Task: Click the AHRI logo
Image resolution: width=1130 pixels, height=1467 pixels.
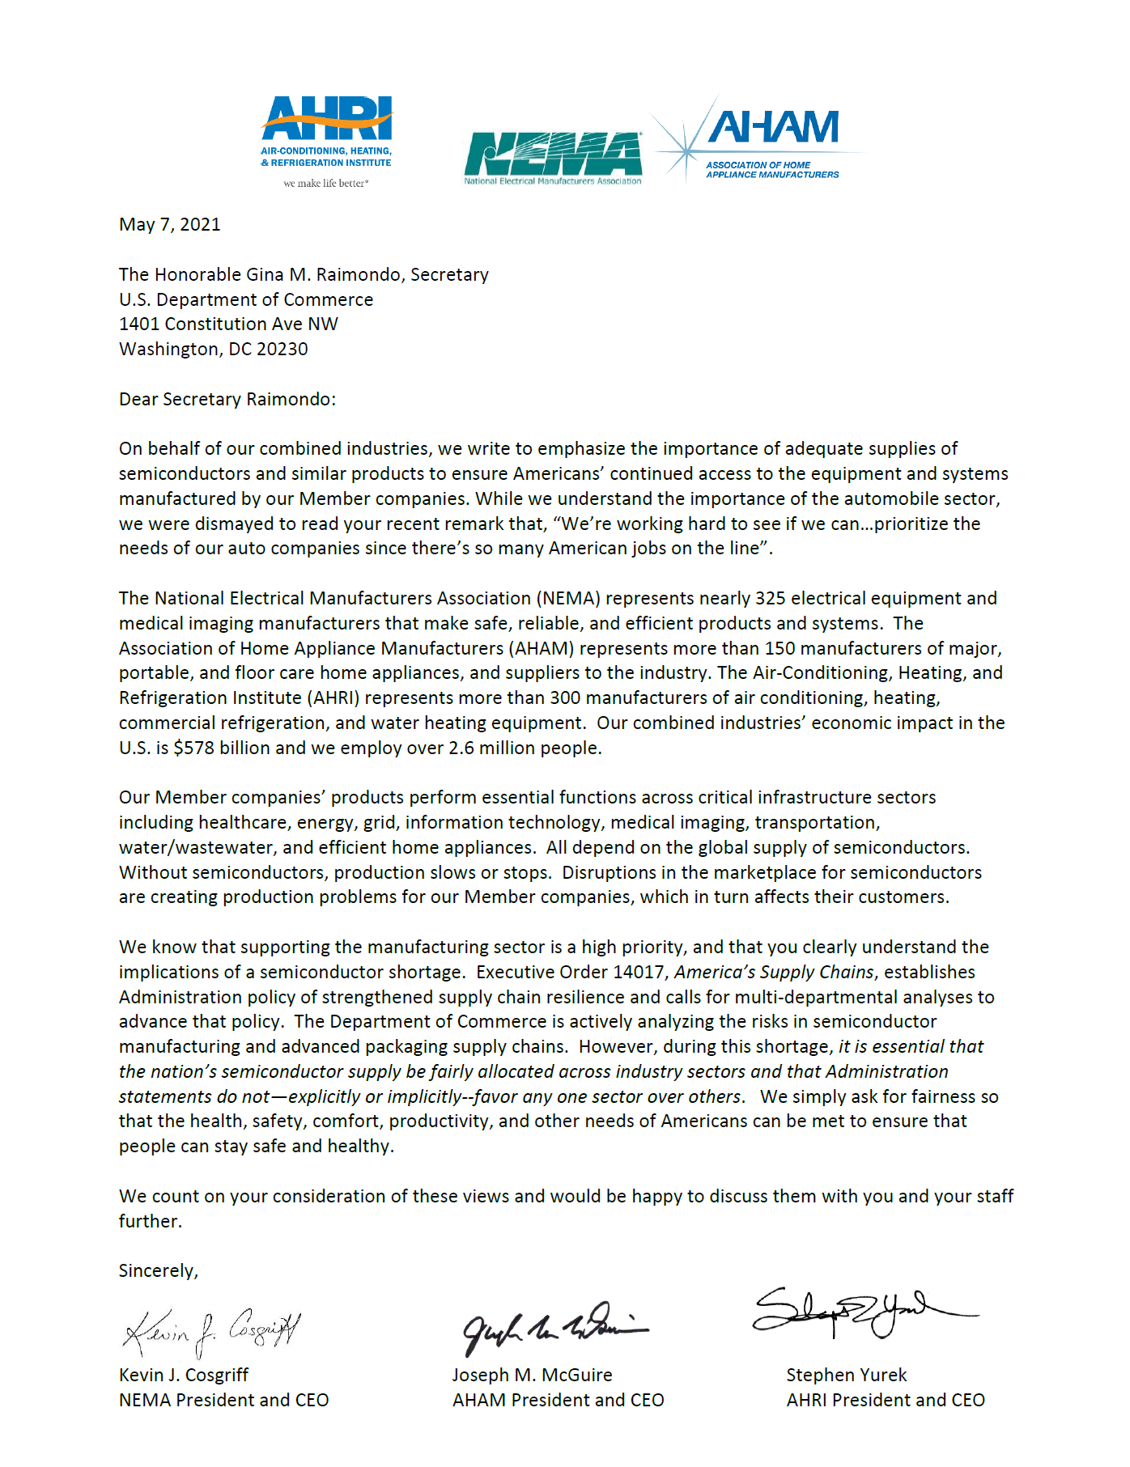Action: click(x=326, y=129)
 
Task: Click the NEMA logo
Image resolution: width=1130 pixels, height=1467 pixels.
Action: click(x=553, y=158)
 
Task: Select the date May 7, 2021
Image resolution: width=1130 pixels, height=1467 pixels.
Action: click(x=169, y=225)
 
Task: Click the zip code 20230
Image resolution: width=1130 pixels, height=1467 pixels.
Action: click(x=282, y=350)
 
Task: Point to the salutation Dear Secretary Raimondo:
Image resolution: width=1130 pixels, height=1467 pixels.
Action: click(x=227, y=400)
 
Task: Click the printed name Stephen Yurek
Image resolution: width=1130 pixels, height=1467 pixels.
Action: click(x=846, y=1376)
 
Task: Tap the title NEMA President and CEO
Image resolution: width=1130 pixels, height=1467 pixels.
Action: click(x=223, y=1401)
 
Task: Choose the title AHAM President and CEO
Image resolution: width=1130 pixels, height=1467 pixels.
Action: click(x=558, y=1401)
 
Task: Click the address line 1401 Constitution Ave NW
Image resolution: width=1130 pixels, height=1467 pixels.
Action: click(x=228, y=324)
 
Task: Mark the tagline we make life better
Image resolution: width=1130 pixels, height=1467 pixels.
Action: click(x=325, y=184)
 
